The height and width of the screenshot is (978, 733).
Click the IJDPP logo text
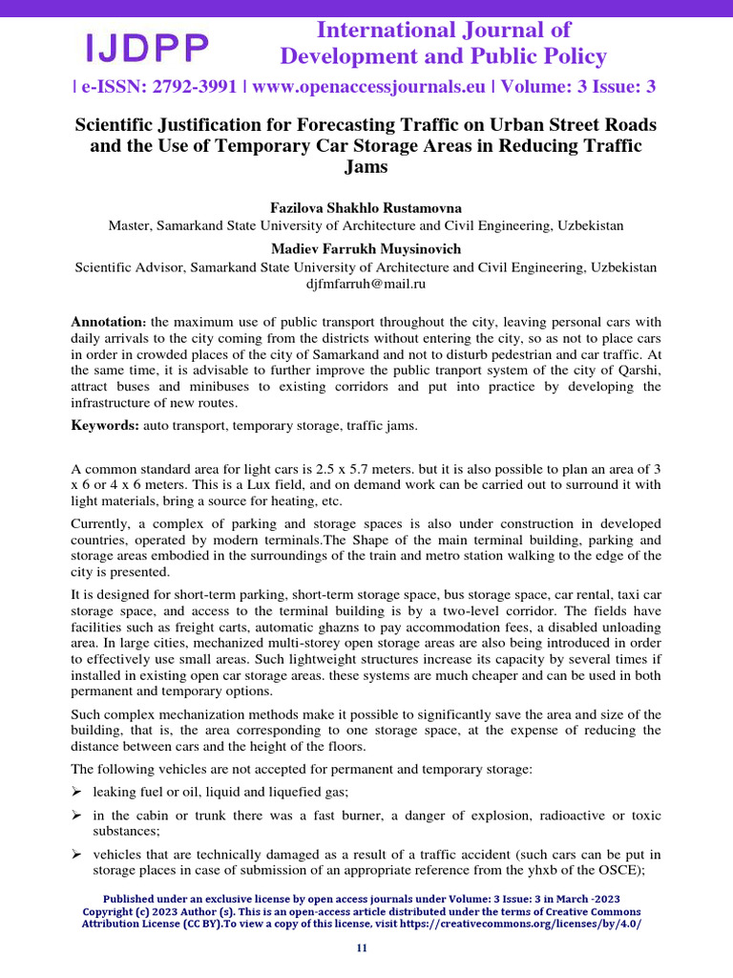148,47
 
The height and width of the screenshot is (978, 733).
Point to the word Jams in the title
366,167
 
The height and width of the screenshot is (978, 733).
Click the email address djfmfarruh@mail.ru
366,284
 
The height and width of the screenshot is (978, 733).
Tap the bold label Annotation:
108,322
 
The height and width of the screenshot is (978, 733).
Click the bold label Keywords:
106,425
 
